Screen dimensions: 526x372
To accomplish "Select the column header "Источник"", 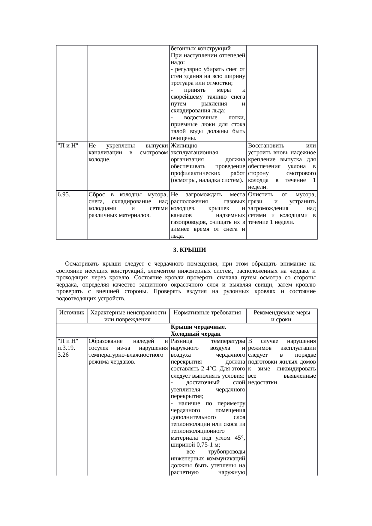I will click(x=71, y=313).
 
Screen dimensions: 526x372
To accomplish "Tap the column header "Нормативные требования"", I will click(x=207, y=313).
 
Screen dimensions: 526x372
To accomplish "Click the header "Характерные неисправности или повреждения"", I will click(x=128, y=316).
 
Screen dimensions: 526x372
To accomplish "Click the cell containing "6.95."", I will click(x=64, y=194).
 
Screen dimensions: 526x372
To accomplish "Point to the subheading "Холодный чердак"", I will click(x=195, y=334).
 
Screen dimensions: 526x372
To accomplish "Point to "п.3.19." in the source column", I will click(x=66, y=348).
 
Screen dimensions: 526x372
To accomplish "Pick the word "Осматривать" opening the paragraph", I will click(x=82, y=264).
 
